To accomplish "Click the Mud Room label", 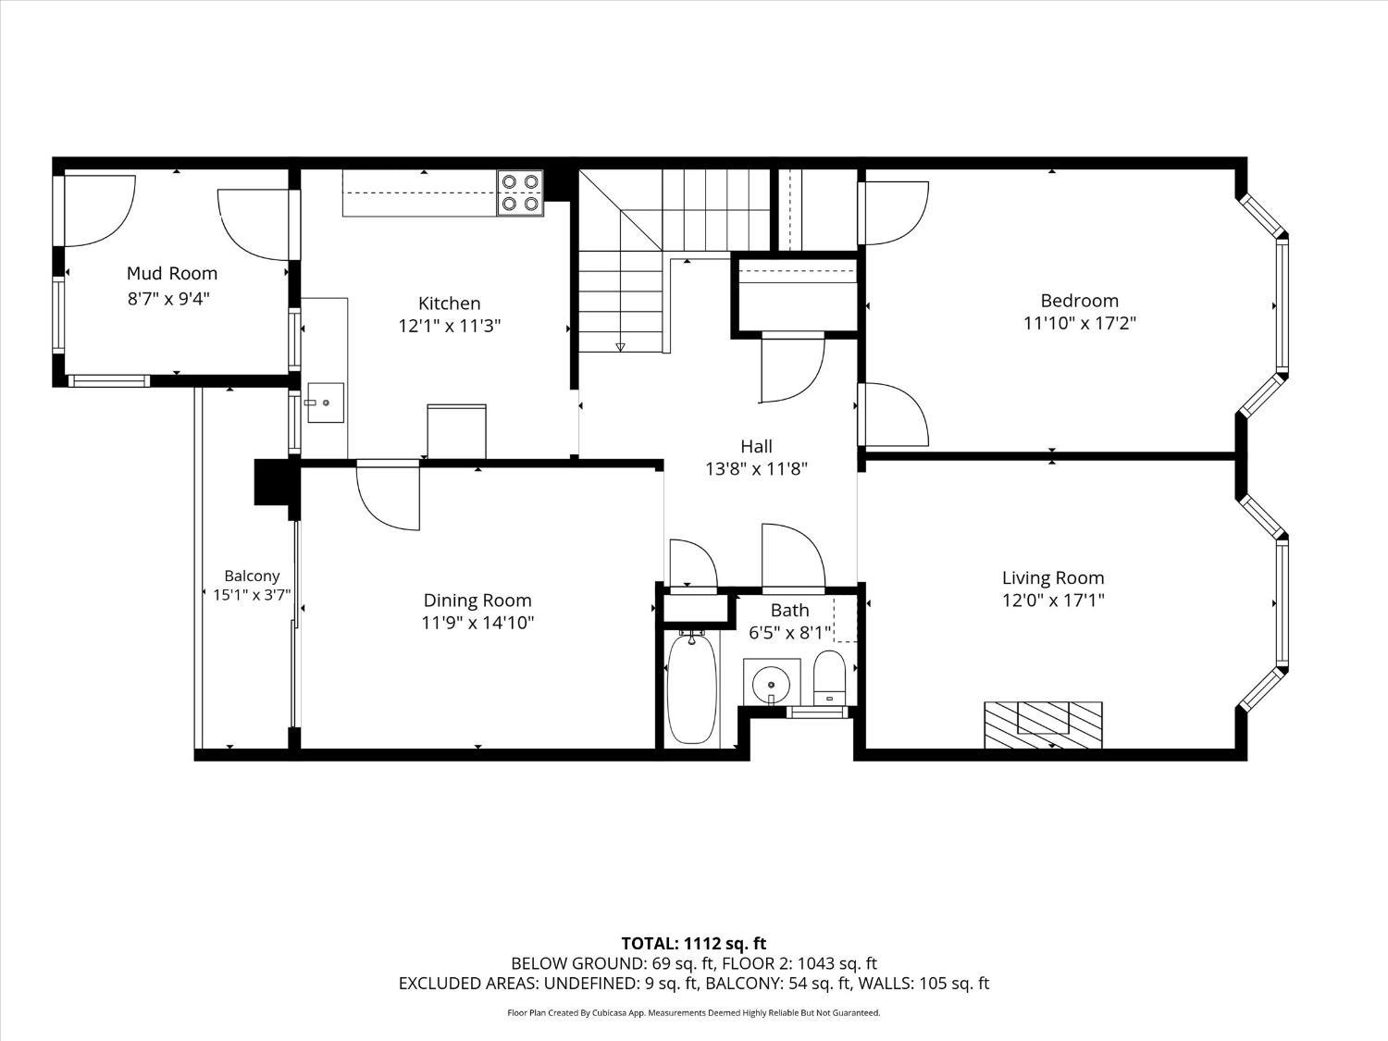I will click(x=172, y=273).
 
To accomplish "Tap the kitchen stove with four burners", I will click(x=520, y=193).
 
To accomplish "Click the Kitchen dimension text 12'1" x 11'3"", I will click(x=450, y=326).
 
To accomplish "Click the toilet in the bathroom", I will click(x=829, y=678).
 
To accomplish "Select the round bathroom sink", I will click(x=771, y=685).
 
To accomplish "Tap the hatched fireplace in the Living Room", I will click(x=1043, y=725).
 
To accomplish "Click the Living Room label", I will click(x=1053, y=577).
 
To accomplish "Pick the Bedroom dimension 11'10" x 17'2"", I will click(x=1079, y=323).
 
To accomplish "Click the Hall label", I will click(x=756, y=446).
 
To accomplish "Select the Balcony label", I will click(x=252, y=576).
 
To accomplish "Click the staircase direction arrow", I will click(x=620, y=347).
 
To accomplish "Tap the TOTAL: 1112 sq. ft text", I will click(x=693, y=943).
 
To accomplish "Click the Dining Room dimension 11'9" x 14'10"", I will click(x=477, y=623).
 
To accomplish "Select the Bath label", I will click(x=789, y=610).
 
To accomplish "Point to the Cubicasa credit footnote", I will click(x=693, y=1013).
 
